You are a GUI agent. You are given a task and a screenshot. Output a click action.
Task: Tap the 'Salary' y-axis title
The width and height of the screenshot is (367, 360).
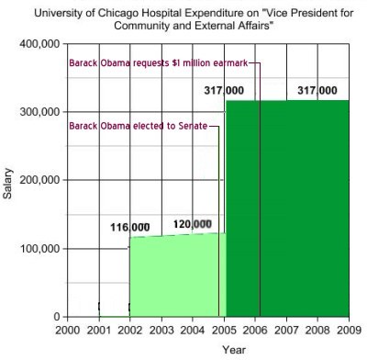point(9,181)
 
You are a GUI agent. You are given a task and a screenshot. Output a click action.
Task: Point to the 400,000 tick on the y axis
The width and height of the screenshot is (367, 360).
point(39,44)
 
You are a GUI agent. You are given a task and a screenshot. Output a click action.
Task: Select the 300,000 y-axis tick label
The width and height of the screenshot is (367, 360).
point(39,112)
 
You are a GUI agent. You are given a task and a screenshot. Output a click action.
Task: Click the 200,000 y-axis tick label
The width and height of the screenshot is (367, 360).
point(39,181)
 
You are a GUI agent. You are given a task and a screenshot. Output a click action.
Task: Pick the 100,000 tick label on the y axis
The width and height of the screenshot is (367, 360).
point(39,249)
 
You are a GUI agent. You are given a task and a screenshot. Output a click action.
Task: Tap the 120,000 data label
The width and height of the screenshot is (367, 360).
point(192,224)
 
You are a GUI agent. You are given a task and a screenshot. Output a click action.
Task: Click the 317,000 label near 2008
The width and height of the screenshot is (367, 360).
point(317,90)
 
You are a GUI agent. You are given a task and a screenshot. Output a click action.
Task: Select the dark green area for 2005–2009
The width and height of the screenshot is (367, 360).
point(287,211)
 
